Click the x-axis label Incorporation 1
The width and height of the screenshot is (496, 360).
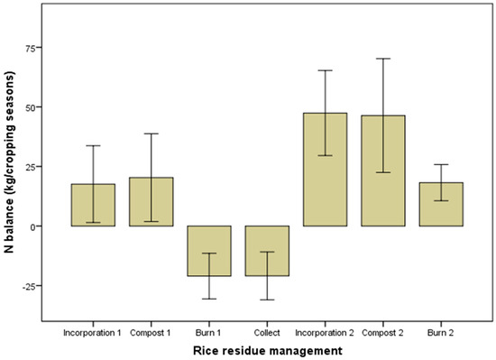[94, 331]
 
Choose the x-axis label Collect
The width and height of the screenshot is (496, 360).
[267, 331]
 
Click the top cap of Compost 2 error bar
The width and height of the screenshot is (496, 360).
[383, 59]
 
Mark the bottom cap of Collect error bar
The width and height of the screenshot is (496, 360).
[267, 300]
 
